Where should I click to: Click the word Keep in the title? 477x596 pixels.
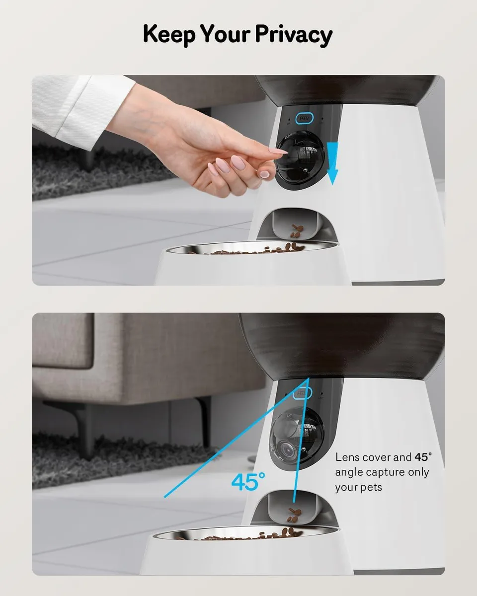[x=169, y=35]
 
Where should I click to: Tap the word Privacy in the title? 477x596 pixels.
[x=294, y=35]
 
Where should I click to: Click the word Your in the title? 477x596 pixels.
[x=225, y=34]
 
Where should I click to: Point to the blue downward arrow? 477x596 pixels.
[x=332, y=163]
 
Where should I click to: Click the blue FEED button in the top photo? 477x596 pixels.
[x=304, y=118]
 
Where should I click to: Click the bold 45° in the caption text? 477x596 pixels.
[x=423, y=457]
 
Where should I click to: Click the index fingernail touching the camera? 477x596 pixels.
[x=278, y=150]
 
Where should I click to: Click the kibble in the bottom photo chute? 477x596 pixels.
[x=294, y=515]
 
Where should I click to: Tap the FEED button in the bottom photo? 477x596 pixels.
[x=302, y=393]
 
